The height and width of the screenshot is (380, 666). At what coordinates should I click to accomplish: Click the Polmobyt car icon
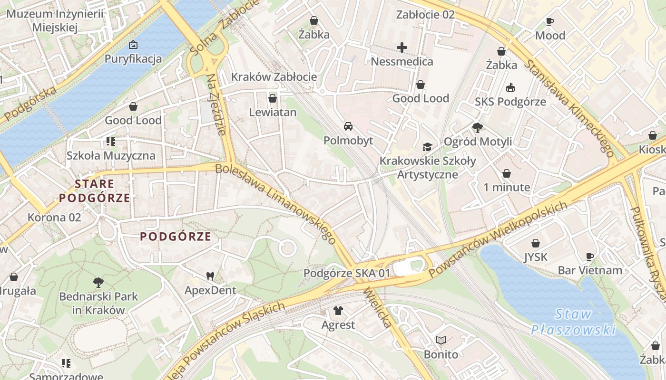pyautogui.click(x=348, y=126)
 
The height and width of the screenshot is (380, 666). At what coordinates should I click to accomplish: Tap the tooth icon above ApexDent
pyautogui.click(x=210, y=275)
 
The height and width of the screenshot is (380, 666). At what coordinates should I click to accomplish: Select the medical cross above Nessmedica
pyautogui.click(x=402, y=47)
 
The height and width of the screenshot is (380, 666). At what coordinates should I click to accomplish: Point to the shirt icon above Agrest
pyautogui.click(x=338, y=311)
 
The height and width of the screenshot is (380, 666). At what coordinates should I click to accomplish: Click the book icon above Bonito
pyautogui.click(x=441, y=340)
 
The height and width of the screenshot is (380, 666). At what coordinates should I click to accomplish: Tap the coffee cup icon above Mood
pyautogui.click(x=550, y=21)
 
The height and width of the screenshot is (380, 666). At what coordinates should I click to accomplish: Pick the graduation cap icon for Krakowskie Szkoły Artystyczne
pyautogui.click(x=427, y=147)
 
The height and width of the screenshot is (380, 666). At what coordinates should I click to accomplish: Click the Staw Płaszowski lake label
pyautogui.click(x=573, y=322)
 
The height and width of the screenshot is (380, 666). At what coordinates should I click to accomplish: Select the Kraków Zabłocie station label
pyautogui.click(x=274, y=77)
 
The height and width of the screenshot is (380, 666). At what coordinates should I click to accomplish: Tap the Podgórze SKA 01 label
pyautogui.click(x=347, y=273)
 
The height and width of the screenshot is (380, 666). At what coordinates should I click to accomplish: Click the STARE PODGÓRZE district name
pyautogui.click(x=95, y=190)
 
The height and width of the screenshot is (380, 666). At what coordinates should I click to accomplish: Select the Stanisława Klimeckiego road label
pyautogui.click(x=569, y=108)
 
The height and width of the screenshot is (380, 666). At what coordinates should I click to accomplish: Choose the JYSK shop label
pyautogui.click(x=536, y=257)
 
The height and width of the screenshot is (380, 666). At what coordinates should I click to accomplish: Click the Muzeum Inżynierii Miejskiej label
pyautogui.click(x=55, y=20)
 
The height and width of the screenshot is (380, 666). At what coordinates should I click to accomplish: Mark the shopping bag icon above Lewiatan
pyautogui.click(x=273, y=98)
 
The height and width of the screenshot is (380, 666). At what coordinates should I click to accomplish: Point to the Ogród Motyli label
pyautogui.click(x=478, y=142)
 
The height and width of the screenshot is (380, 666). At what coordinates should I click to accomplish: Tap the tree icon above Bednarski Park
pyautogui.click(x=98, y=283)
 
